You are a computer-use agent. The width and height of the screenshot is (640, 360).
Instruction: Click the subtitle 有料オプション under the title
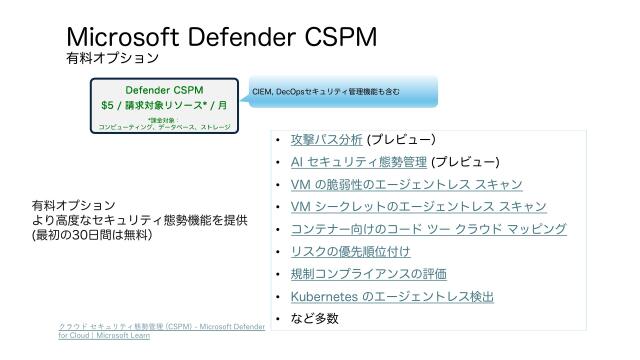point(112,59)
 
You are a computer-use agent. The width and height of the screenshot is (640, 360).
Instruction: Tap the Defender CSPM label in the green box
point(165,90)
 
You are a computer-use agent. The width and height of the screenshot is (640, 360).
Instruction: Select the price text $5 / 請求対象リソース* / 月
point(165,105)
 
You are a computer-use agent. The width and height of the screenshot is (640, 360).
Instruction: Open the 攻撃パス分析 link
point(326,140)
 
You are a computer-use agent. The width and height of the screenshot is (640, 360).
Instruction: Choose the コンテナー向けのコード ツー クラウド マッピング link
point(428,229)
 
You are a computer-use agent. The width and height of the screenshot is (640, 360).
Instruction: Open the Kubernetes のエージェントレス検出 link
point(392,297)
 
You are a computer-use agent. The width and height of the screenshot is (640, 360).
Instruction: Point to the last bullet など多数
point(315,319)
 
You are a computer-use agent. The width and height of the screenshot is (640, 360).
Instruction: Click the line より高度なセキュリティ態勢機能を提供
point(139,220)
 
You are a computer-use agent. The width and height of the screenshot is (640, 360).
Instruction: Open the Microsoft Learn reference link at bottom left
point(161,332)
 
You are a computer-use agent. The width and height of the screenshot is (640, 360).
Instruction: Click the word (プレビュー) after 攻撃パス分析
point(401,140)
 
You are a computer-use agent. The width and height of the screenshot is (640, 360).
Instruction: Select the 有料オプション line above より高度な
point(73,205)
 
